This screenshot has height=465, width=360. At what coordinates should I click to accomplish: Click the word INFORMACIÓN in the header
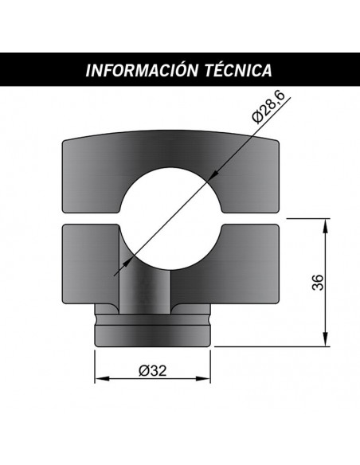pyautogui.click(x=140, y=69)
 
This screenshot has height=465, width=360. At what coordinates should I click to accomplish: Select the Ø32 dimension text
pyautogui.click(x=151, y=369)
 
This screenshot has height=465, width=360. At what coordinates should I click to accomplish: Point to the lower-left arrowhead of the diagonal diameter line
pyautogui.click(x=119, y=271)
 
